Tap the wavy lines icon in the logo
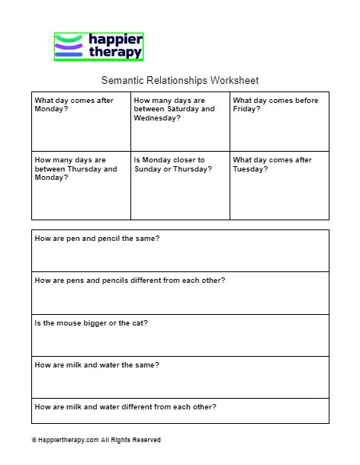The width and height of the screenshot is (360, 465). point(69,46)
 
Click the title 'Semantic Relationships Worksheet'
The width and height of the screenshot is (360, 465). point(180,80)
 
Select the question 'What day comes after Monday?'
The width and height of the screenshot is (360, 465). point(73,104)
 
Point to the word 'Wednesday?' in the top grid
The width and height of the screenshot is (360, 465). point(157,118)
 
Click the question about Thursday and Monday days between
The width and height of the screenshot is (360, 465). point(76,168)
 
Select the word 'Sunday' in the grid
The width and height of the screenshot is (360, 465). point(149,169)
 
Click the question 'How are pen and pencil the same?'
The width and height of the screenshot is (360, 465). point(97,239)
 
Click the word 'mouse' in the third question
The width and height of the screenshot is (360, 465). point(66,322)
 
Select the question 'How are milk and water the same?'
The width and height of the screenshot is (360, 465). point(97,364)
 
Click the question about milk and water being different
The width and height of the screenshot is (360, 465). point(126,406)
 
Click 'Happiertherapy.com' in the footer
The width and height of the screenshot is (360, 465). point(66,440)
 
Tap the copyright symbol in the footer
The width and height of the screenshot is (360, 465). point(34,440)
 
